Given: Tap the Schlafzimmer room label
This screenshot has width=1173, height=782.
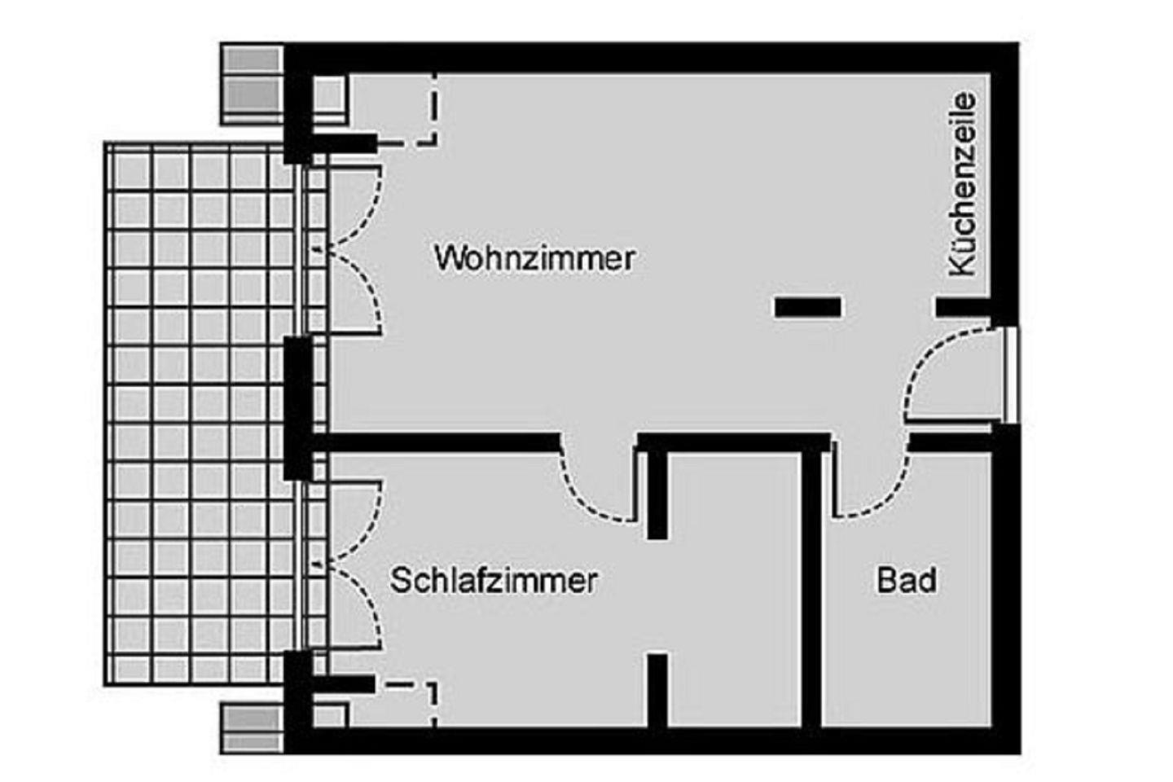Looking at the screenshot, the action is coord(494,580).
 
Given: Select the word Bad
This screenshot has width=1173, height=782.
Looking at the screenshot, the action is coord(907,580).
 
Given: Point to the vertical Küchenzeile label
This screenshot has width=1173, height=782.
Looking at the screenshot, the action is coord(963,184).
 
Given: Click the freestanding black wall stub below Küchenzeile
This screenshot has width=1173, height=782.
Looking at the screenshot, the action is coord(808,307).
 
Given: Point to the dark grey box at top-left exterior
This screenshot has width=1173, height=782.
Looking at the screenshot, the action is coord(253,85).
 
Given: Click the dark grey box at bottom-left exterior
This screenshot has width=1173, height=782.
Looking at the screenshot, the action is coord(253,727).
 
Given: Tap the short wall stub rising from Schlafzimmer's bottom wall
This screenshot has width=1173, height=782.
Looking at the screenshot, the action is coord(657,690).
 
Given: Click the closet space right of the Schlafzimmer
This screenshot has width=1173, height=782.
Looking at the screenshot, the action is coord(734,589).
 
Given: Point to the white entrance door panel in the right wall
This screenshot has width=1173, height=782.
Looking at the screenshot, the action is coord(1011,375).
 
